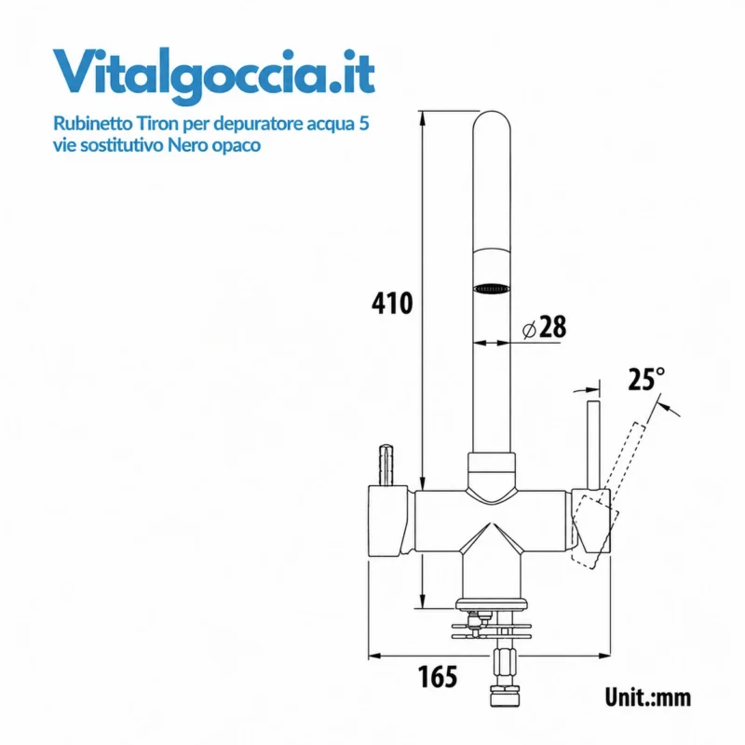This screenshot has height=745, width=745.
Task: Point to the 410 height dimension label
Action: point(392,304)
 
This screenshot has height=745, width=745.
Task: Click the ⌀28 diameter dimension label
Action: point(545,327)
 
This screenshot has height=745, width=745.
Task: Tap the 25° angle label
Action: point(646,379)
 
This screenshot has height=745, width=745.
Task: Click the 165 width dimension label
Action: point(438,677)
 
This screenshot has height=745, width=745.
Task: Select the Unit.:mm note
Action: point(647,698)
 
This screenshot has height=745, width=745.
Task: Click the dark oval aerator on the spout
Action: point(492,289)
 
